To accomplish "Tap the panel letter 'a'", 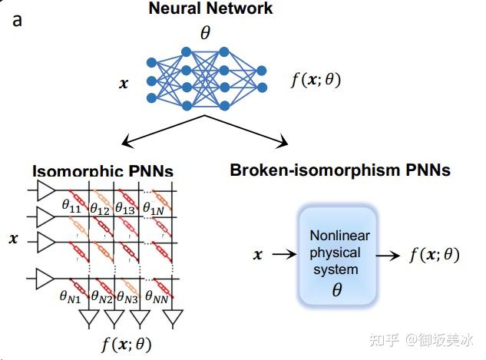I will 18,18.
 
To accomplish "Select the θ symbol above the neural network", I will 204,32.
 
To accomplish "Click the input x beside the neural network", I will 123,81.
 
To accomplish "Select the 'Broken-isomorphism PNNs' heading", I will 340,170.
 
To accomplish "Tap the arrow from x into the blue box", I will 279,254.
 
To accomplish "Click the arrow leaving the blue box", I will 396,254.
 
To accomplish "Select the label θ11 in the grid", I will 71,206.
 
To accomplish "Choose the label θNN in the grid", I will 157,295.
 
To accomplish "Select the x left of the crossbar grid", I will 13,239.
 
